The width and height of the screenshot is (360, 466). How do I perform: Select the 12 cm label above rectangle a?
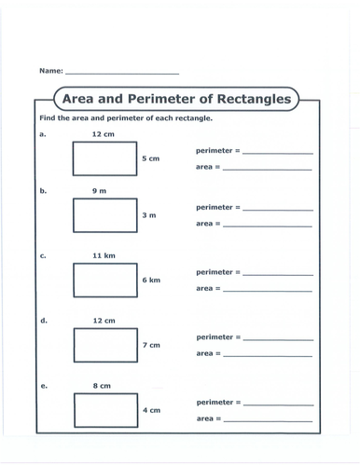coord(103,134)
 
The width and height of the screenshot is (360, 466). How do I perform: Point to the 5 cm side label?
coord(150,159)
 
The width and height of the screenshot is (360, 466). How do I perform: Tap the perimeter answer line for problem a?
coord(278,152)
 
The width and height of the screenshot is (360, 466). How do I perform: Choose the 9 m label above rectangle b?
coord(100,190)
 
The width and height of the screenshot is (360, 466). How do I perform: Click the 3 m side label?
coord(148,215)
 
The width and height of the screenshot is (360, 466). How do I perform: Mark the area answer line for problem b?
coord(267,226)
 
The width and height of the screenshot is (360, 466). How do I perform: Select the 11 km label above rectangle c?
coord(104,254)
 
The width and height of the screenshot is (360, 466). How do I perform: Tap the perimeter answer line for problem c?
coord(278,274)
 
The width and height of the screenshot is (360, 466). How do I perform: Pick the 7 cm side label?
coord(150,346)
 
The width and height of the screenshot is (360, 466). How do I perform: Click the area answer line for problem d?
coord(267,355)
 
